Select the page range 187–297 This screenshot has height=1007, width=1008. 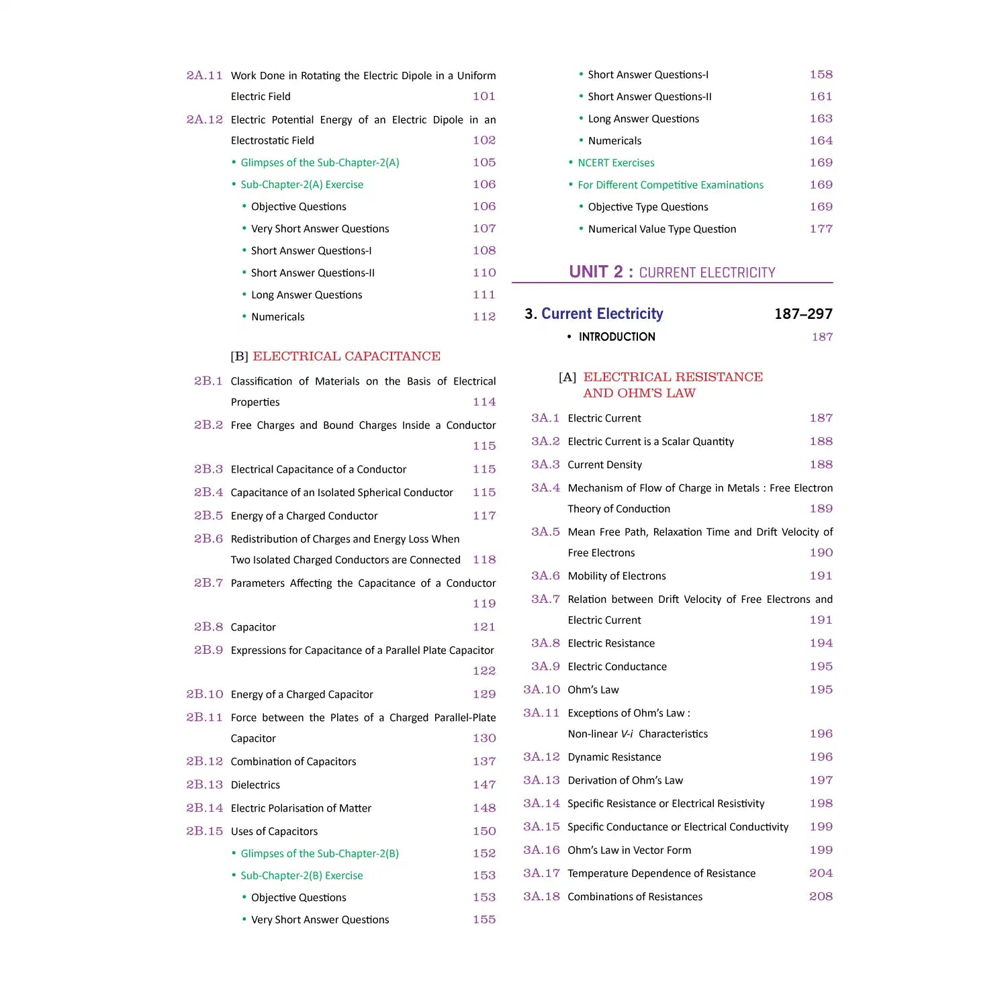[x=803, y=314]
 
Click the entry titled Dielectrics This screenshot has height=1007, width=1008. [x=255, y=785]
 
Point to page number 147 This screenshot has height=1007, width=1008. [x=484, y=785]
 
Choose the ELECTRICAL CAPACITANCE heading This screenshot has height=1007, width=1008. [x=347, y=356]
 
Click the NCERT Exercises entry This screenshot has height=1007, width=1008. [x=616, y=163]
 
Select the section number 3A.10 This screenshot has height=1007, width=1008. [x=541, y=689]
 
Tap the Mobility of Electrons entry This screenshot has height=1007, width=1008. [x=616, y=576]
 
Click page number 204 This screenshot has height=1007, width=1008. [x=821, y=873]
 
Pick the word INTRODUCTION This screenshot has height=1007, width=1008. [x=616, y=337]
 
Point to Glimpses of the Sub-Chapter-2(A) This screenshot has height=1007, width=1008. [x=320, y=162]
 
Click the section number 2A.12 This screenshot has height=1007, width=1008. [x=205, y=119]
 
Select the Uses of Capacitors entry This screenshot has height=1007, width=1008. [x=274, y=831]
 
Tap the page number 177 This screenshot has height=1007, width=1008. [x=821, y=229]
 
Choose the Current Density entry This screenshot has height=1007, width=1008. [x=604, y=465]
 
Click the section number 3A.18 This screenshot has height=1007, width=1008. [x=541, y=896]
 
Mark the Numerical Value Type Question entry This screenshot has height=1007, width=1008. [x=661, y=229]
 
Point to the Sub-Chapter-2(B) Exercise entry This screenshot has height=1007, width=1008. [x=302, y=875]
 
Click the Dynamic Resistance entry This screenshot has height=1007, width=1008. [x=614, y=757]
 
